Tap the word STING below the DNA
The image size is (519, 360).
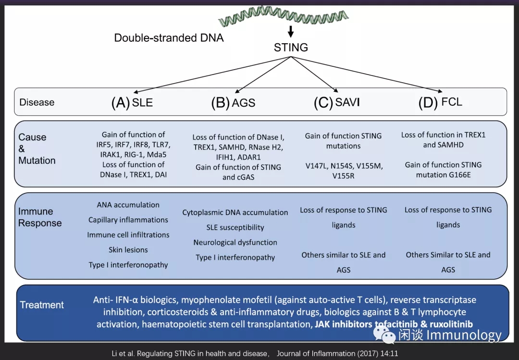[291, 47]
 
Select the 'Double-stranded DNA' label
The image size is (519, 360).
[169, 37]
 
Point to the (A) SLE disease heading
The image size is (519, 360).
[132, 103]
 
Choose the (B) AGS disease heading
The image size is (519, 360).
[233, 103]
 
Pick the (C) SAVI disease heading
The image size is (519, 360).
[336, 103]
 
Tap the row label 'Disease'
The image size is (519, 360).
[37, 102]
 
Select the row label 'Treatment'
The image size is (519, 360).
[42, 305]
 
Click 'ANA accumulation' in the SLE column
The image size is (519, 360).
[128, 205]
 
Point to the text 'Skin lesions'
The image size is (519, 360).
[128, 250]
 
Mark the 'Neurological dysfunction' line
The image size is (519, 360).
[235, 242]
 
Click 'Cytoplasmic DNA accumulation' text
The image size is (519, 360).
[235, 212]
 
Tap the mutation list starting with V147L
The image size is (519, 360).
[343, 171]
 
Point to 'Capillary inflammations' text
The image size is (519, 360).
[128, 220]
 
